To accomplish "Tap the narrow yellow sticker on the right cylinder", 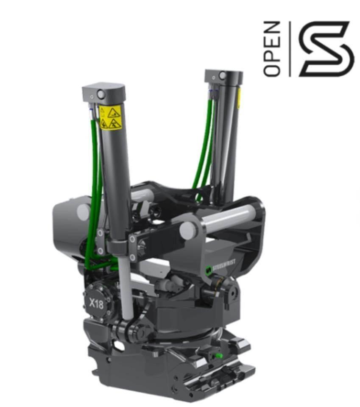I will tap(239, 98).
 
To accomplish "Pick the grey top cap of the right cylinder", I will tap(223, 76).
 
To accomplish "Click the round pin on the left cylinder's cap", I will tap(101, 94).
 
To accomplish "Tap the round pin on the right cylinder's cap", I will tap(223, 75).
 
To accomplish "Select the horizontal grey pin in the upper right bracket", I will tap(229, 217).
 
